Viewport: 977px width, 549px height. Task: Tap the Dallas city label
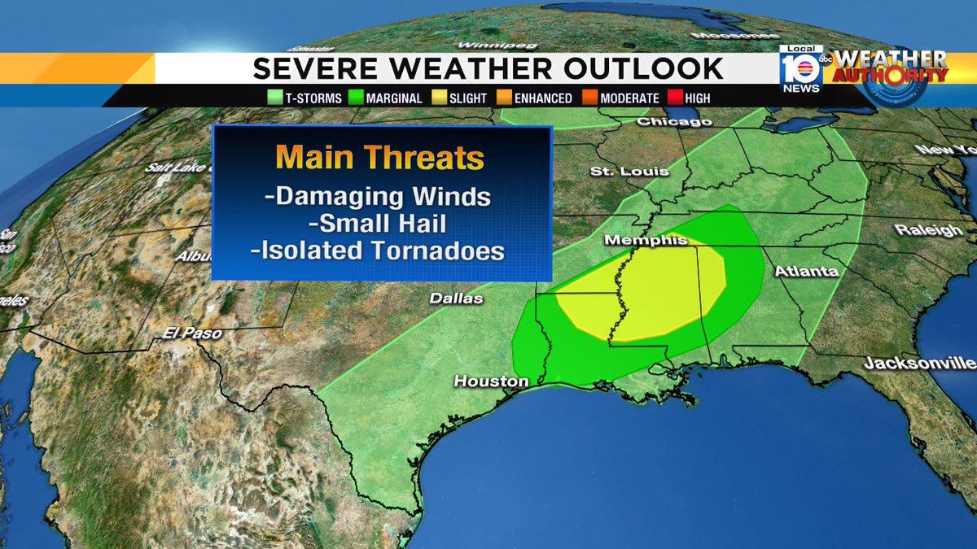tap(457, 298)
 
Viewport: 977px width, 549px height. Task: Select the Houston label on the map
tap(491, 381)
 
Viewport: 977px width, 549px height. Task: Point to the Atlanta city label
tap(806, 272)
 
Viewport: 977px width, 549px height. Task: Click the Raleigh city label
tap(929, 230)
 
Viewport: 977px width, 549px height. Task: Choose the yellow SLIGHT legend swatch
tap(438, 98)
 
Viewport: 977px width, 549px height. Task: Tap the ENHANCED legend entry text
tap(544, 98)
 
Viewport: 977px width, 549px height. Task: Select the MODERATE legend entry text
tap(629, 98)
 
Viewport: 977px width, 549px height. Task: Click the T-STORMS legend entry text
tap(308, 98)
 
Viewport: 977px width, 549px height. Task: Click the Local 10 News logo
tap(800, 69)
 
